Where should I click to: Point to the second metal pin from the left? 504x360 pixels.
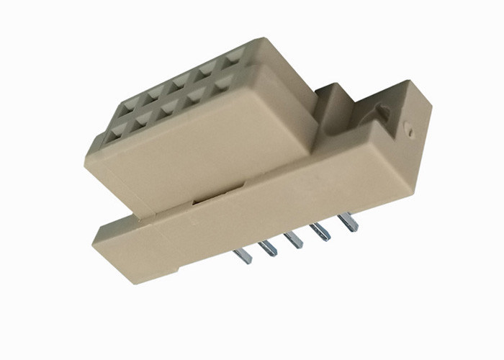(269, 248)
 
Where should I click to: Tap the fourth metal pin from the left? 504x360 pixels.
(320, 232)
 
